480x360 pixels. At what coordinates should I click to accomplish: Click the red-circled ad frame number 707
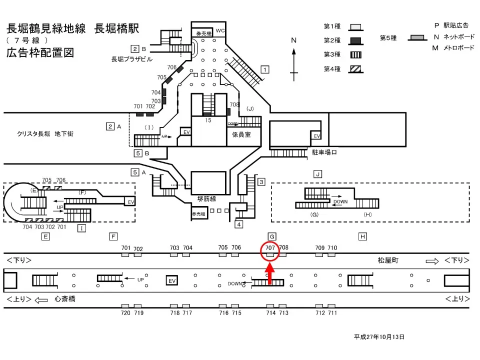tap(269, 247)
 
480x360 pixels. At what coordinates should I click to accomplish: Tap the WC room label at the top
tap(220, 30)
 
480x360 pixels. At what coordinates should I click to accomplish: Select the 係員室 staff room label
tap(241, 134)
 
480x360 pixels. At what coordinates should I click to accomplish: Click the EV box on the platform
tap(172, 280)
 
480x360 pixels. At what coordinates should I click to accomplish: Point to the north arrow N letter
tap(293, 40)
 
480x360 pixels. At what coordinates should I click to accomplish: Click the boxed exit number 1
tap(265, 69)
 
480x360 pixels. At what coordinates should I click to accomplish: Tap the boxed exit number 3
tap(261, 182)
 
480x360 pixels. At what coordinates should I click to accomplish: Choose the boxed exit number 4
tap(239, 224)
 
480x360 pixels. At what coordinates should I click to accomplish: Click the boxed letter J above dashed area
tap(318, 174)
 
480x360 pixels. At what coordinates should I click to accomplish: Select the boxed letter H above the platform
tap(362, 236)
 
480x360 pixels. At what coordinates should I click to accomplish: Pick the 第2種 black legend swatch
tap(355, 41)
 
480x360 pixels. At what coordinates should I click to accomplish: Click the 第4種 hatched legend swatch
tap(355, 69)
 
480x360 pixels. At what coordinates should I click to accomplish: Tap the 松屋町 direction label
tap(388, 260)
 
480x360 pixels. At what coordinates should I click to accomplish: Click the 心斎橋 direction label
tap(65, 299)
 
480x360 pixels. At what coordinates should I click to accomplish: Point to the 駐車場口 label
tap(324, 152)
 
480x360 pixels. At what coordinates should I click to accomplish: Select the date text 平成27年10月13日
tap(379, 336)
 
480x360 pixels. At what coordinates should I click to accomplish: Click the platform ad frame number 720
tap(125, 313)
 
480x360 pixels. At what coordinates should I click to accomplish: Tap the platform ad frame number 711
tap(332, 313)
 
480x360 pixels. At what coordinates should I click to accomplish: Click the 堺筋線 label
tap(206, 199)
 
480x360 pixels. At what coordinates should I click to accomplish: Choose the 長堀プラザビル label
tap(131, 59)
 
